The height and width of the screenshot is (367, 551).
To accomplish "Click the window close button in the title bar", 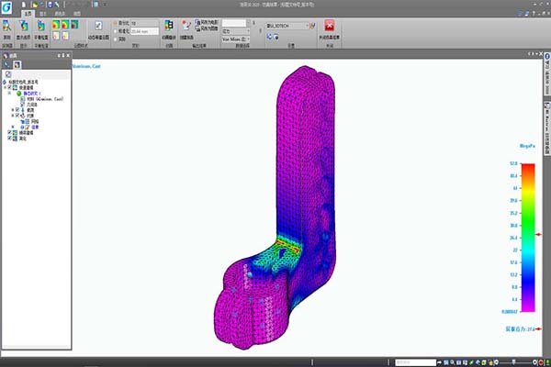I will [x=545, y=5].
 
